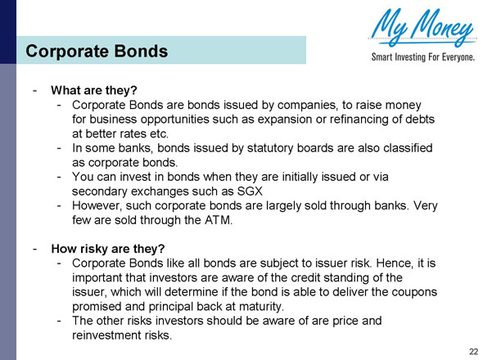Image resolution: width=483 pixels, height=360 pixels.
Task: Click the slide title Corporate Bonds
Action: (97, 52)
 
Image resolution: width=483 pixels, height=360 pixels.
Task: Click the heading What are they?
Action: (93, 89)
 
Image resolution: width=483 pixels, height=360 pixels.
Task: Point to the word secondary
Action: (100, 191)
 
